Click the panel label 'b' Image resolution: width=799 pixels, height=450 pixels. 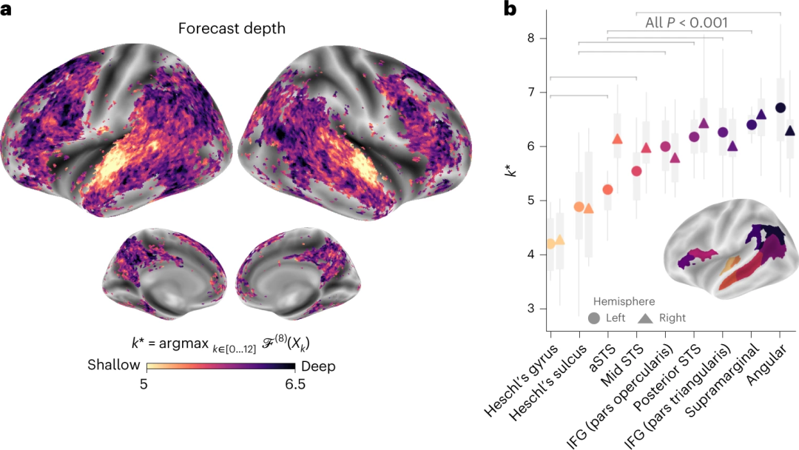pyautogui.click(x=510, y=9)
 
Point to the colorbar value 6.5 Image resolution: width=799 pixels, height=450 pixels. pyautogui.click(x=294, y=385)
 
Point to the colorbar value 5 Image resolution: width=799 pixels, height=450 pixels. pyautogui.click(x=147, y=385)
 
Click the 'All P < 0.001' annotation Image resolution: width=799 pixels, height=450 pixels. pyautogui.click(x=687, y=22)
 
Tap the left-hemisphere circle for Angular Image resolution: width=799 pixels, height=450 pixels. pyautogui.click(x=780, y=107)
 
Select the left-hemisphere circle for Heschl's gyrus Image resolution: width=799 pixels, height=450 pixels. pyautogui.click(x=550, y=244)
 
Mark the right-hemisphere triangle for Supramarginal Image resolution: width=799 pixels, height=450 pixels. pyautogui.click(x=762, y=115)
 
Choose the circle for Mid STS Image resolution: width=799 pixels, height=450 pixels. pyautogui.click(x=636, y=172)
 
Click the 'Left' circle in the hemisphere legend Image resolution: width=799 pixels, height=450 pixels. pyautogui.click(x=594, y=318)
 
